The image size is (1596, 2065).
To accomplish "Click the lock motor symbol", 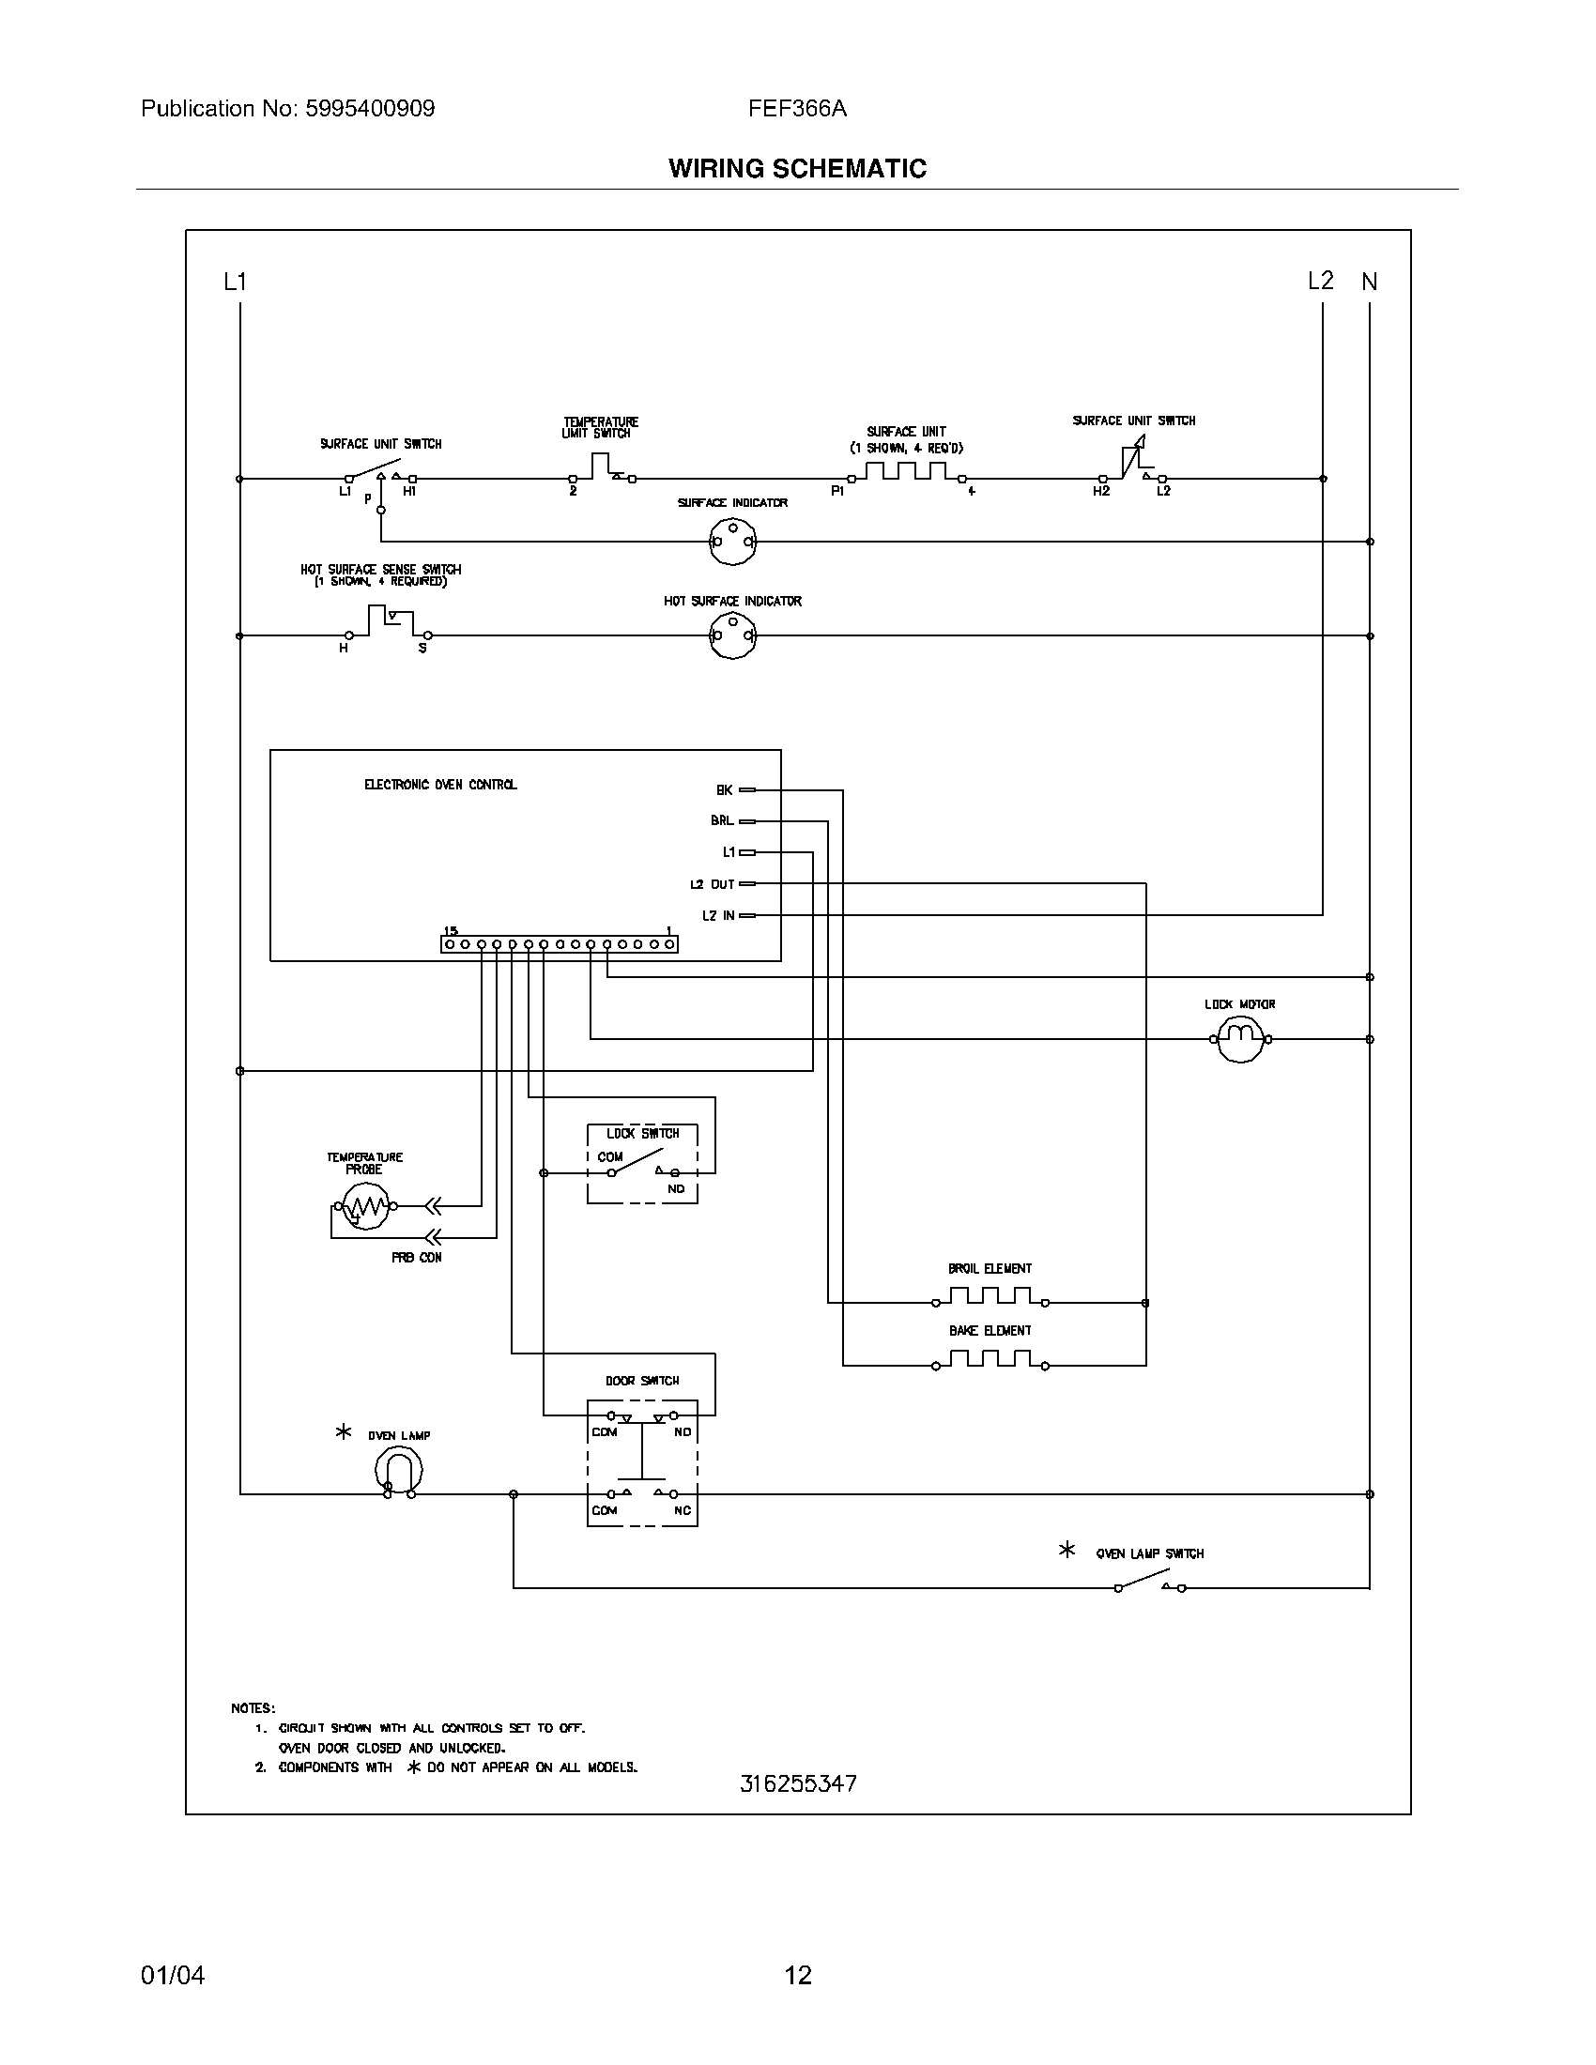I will pyautogui.click(x=1239, y=1039).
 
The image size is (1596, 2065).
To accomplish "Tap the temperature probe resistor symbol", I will pyautogui.click(x=365, y=1206).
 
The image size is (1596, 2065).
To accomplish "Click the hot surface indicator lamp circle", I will pyautogui.click(x=733, y=636).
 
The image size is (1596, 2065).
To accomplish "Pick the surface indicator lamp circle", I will pyautogui.click(x=733, y=542).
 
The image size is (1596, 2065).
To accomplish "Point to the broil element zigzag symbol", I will pyautogui.click(x=990, y=1295).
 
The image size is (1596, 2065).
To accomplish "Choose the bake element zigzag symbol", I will pyautogui.click(x=990, y=1359).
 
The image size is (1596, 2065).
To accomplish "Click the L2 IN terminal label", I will pyautogui.click(x=717, y=915).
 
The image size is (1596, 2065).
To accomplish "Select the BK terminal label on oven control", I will pyautogui.click(x=724, y=789).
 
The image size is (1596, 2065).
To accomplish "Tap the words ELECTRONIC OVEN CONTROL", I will pyautogui.click(x=440, y=785).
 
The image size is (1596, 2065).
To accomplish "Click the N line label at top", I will pyautogui.click(x=1369, y=281).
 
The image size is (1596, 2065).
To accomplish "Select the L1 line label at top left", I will pyautogui.click(x=235, y=281).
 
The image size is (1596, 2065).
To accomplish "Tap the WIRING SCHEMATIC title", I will pyautogui.click(x=797, y=168).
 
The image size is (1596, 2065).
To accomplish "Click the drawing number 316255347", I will pyautogui.click(x=798, y=1783).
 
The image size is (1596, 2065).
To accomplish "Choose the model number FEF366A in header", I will pyautogui.click(x=797, y=109).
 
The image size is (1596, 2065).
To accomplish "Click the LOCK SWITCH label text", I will pyautogui.click(x=643, y=1133).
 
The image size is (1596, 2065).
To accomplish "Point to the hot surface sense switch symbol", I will pyautogui.click(x=389, y=624).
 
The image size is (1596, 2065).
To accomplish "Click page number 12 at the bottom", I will pyautogui.click(x=798, y=1975).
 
